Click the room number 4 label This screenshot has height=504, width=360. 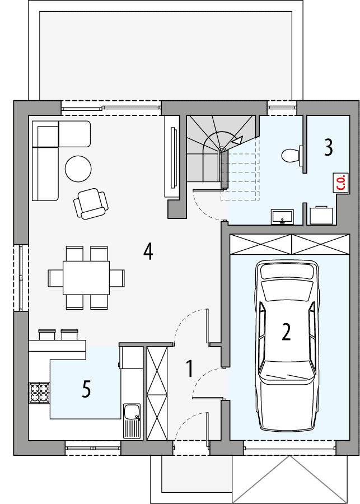point(148,251)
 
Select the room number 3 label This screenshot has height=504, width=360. point(328,147)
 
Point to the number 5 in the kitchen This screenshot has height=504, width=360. point(86,388)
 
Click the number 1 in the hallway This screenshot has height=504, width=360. point(189,368)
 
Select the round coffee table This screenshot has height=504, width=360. point(78,169)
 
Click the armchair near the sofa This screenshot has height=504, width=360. point(90,203)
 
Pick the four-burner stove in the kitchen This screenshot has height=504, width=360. point(39,392)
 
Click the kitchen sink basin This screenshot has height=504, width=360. point(133,413)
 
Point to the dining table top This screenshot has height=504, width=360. point(86,278)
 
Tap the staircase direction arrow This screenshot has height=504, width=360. point(237,141)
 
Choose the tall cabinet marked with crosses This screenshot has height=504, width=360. point(157,393)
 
